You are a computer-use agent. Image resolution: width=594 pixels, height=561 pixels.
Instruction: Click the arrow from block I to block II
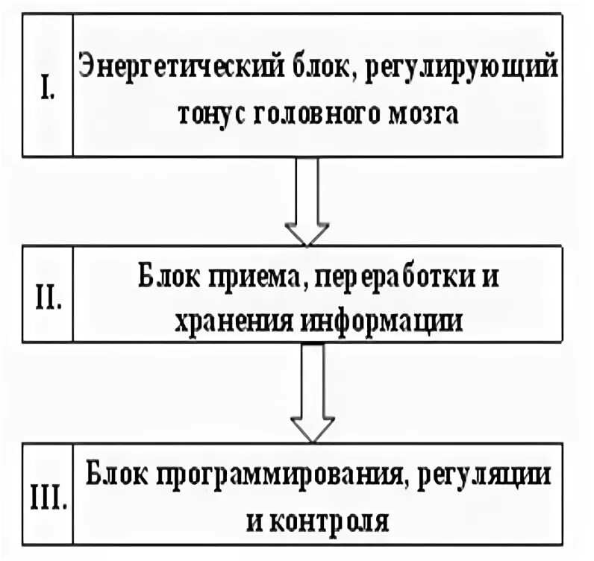(x=307, y=200)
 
